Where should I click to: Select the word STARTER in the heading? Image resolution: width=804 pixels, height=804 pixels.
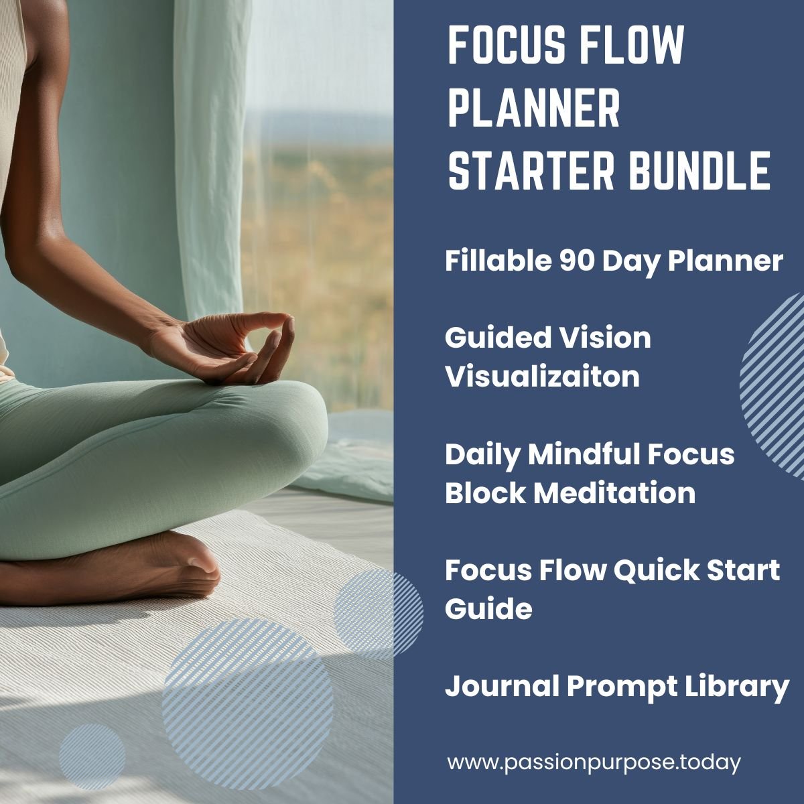coord(531,172)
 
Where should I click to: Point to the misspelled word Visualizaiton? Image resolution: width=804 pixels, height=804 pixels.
coord(542,377)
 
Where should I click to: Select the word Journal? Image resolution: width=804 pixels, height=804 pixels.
coord(502,687)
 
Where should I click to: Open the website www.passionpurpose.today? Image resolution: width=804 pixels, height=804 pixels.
coord(594,762)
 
